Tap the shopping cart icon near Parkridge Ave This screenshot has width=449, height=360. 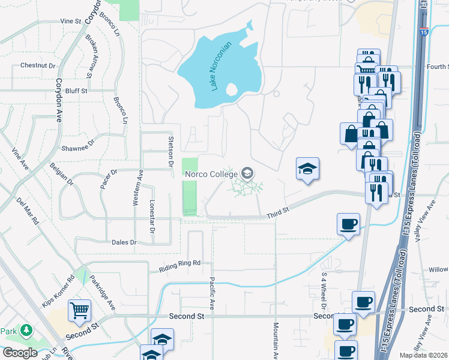pyautogui.click(x=79, y=311)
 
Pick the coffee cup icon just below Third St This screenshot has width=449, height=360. pyautogui.click(x=348, y=224)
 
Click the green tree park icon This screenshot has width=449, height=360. pyautogui.click(x=26, y=331)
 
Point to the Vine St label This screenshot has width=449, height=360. pyautogui.click(x=70, y=21)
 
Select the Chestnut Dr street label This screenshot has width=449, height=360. pyautogui.click(x=38, y=65)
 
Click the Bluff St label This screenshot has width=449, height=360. pyautogui.click(x=76, y=91)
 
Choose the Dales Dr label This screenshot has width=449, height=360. pyautogui.click(x=124, y=242)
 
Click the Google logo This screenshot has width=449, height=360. pyautogui.click(x=20, y=352)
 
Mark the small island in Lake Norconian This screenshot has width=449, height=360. pyautogui.click(x=232, y=90)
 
